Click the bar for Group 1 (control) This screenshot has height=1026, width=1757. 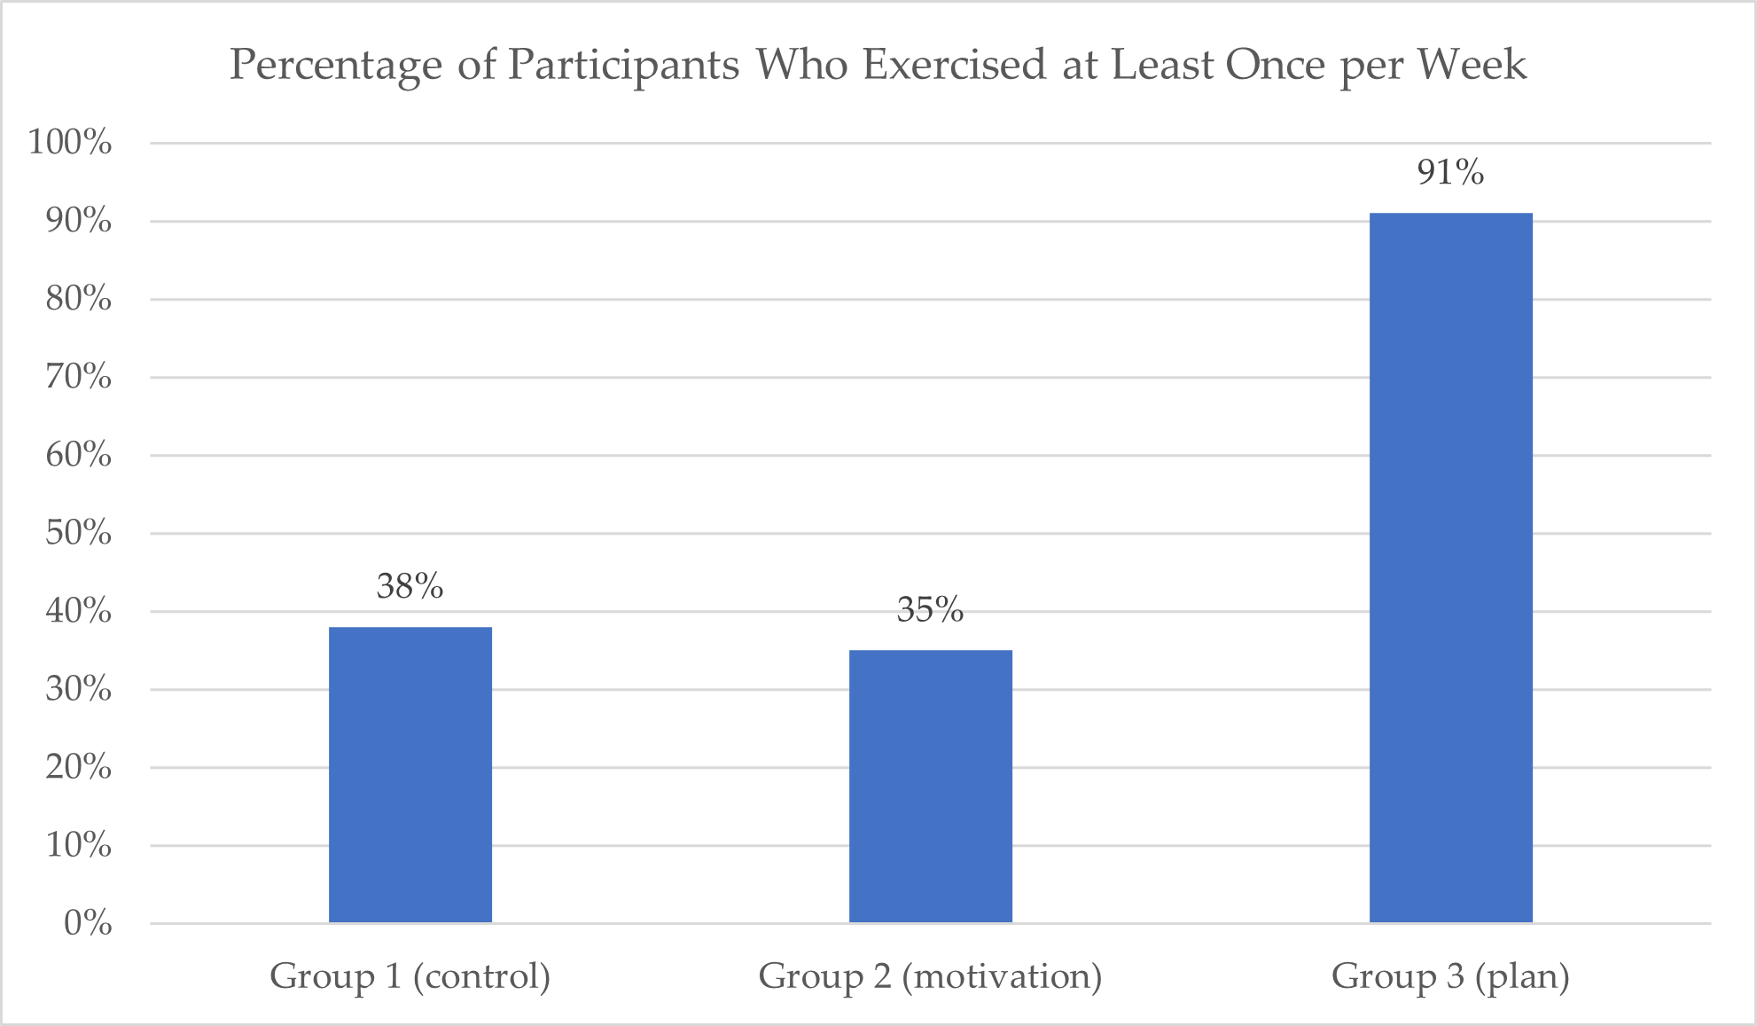coord(410,775)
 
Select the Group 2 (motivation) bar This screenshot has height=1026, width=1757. coord(931,787)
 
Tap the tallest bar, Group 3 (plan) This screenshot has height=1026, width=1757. coord(1451,568)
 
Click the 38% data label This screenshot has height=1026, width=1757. coord(410,586)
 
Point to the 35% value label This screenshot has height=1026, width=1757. coord(930,609)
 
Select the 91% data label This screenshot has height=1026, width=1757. coord(1450,172)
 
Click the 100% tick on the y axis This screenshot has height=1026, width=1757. coord(70,142)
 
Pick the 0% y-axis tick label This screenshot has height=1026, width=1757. coord(88,923)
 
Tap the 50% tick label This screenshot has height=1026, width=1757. coord(79,532)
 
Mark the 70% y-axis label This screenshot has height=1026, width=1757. coord(79,376)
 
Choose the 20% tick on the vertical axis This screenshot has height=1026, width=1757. coord(79,766)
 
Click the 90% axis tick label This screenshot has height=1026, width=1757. coord(79,220)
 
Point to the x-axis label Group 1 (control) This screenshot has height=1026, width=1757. coord(410,976)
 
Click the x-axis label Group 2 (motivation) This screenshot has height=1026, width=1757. coord(931,976)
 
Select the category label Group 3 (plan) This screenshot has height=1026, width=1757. coord(1451,976)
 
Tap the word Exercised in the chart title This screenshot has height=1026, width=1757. coord(955,65)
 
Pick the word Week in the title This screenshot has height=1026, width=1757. coord(1472,65)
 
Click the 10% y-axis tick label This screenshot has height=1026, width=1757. coord(79,844)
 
